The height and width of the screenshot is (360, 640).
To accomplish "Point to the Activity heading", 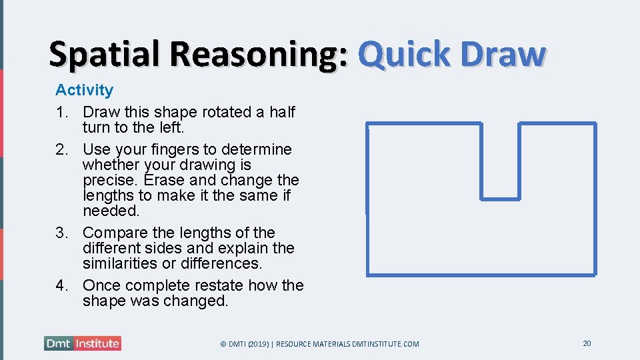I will coord(84,90).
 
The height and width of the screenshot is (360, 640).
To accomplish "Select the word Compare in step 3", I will coord(113,233).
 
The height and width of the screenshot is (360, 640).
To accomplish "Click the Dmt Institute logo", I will coord(83,343).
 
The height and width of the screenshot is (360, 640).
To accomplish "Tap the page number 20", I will coord(587,343).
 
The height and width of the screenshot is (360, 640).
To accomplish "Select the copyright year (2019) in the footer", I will coord(257,344).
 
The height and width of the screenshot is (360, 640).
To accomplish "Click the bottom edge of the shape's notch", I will coord(500,199).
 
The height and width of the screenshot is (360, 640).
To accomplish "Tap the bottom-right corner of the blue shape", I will coord(595,274).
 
